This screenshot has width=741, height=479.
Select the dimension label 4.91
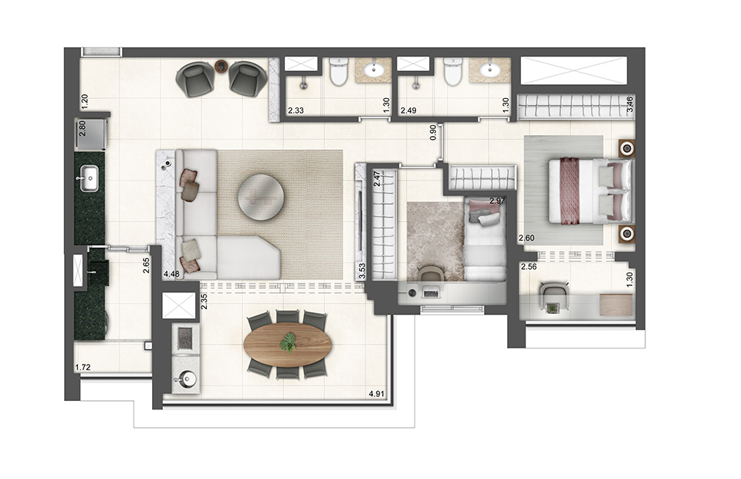[x=377, y=394]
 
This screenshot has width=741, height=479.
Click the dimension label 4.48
[x=171, y=273]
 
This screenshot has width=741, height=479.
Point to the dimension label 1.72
[x=83, y=368]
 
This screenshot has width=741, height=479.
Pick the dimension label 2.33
[x=296, y=110]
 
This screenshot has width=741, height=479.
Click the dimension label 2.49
[x=408, y=110]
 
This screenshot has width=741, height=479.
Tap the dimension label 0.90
[x=434, y=132]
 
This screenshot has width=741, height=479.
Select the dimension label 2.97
[x=497, y=202]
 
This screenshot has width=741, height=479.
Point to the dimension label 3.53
[x=361, y=270]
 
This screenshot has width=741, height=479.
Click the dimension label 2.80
[x=83, y=129]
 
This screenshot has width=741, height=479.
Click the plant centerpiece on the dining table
[x=288, y=341]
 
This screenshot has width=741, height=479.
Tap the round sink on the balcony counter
[x=186, y=379]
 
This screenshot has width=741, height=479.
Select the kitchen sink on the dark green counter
[x=88, y=178]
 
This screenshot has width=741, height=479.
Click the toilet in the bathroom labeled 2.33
[x=337, y=73]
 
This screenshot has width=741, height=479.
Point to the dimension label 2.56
[x=529, y=267]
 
